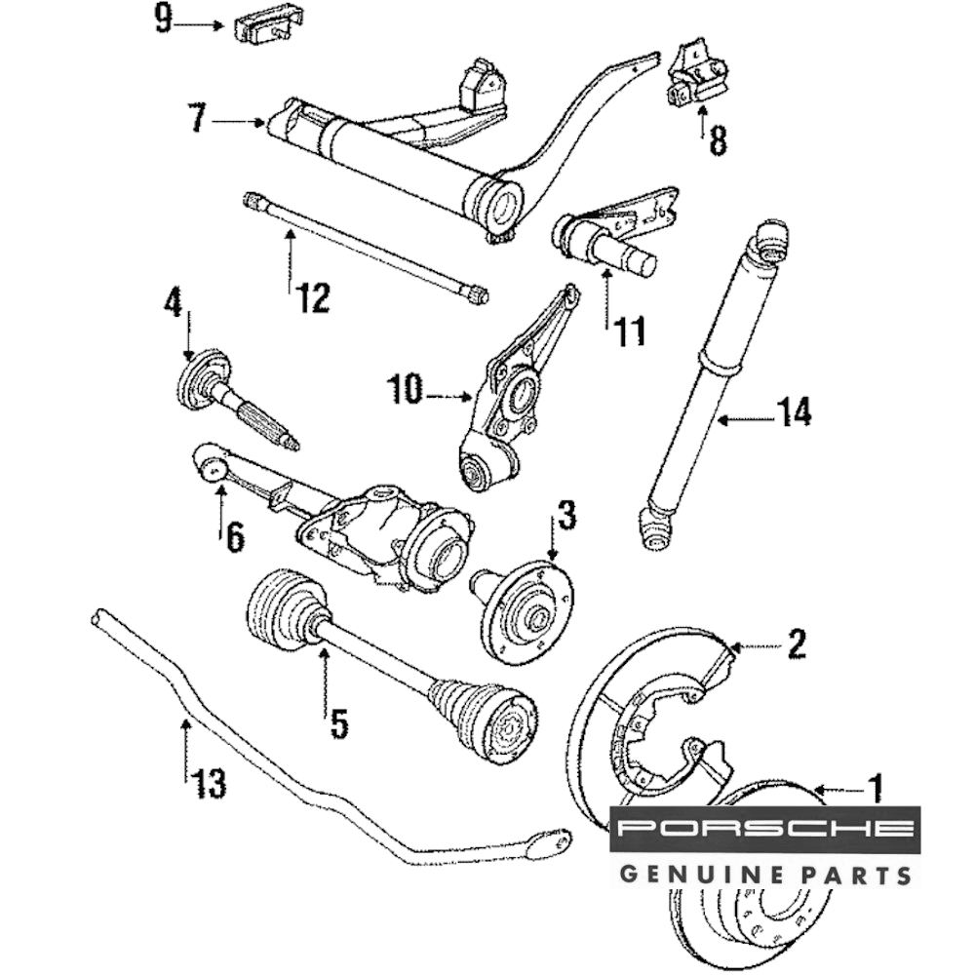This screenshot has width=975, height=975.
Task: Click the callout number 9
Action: pos(164,19)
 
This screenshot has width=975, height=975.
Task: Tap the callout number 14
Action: pos(794,413)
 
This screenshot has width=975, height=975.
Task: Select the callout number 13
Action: pos(209,781)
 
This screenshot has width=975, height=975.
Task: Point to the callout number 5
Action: pos(338,723)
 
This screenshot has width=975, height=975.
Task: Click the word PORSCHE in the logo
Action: pos(765,830)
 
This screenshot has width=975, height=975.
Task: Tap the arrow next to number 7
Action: pos(239,122)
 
